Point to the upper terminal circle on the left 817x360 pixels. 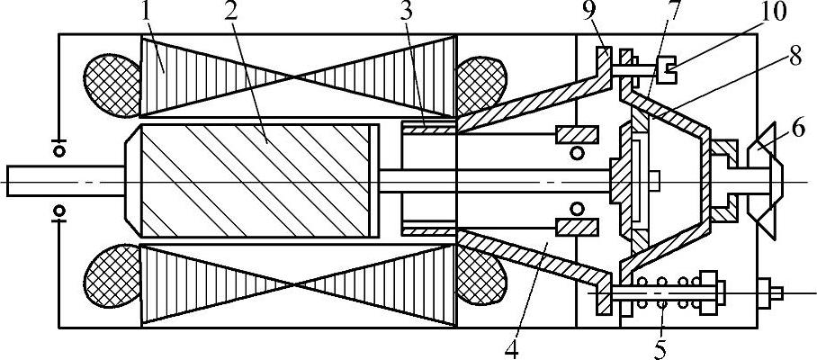59,151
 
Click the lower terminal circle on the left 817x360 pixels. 59,211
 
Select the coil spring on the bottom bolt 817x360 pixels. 663,292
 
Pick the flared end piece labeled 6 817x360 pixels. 768,179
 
